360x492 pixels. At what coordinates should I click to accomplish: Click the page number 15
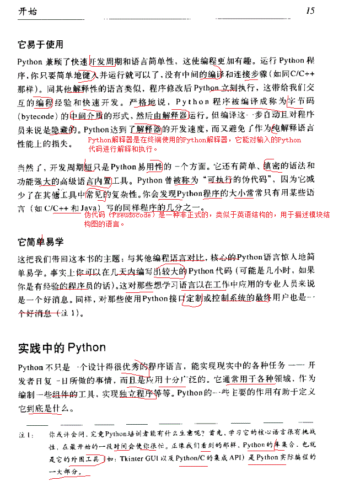coord(310,10)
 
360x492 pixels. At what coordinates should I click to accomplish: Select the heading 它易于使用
coord(41,45)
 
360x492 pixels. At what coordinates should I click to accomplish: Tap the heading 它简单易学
coord(41,242)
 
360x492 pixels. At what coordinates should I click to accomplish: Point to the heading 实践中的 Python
coord(62,347)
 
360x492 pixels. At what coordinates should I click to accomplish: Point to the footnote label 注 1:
coord(24,435)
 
